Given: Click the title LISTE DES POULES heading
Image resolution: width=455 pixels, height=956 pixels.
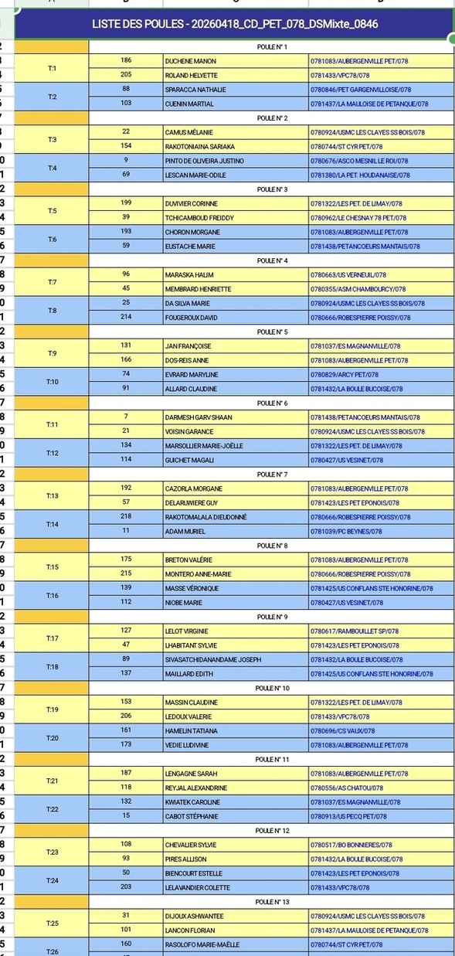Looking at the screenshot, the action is tap(234, 25).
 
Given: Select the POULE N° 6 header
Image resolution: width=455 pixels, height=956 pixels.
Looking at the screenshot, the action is tap(272, 403).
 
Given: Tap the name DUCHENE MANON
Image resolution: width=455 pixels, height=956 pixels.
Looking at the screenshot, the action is tap(190, 60).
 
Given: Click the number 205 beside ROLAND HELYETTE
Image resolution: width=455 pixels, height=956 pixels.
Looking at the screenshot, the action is tap(126, 75).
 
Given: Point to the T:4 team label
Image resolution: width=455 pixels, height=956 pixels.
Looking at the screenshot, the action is tap(52, 168).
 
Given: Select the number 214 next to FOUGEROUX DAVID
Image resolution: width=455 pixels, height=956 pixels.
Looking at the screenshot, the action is tap(126, 317).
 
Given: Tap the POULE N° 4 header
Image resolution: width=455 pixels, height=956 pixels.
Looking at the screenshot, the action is tap(272, 260).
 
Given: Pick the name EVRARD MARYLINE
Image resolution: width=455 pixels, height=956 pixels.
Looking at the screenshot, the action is tap(192, 375).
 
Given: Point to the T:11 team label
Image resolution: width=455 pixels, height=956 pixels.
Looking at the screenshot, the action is tap(52, 424).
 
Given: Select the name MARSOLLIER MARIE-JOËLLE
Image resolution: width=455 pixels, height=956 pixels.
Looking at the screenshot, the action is tap(204, 446).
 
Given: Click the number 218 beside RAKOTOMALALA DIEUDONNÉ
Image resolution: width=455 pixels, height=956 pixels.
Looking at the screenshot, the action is tap(126, 517).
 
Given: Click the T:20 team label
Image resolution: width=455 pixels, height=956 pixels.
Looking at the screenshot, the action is tap(52, 738).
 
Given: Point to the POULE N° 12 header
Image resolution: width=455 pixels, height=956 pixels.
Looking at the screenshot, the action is tap(273, 831).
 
